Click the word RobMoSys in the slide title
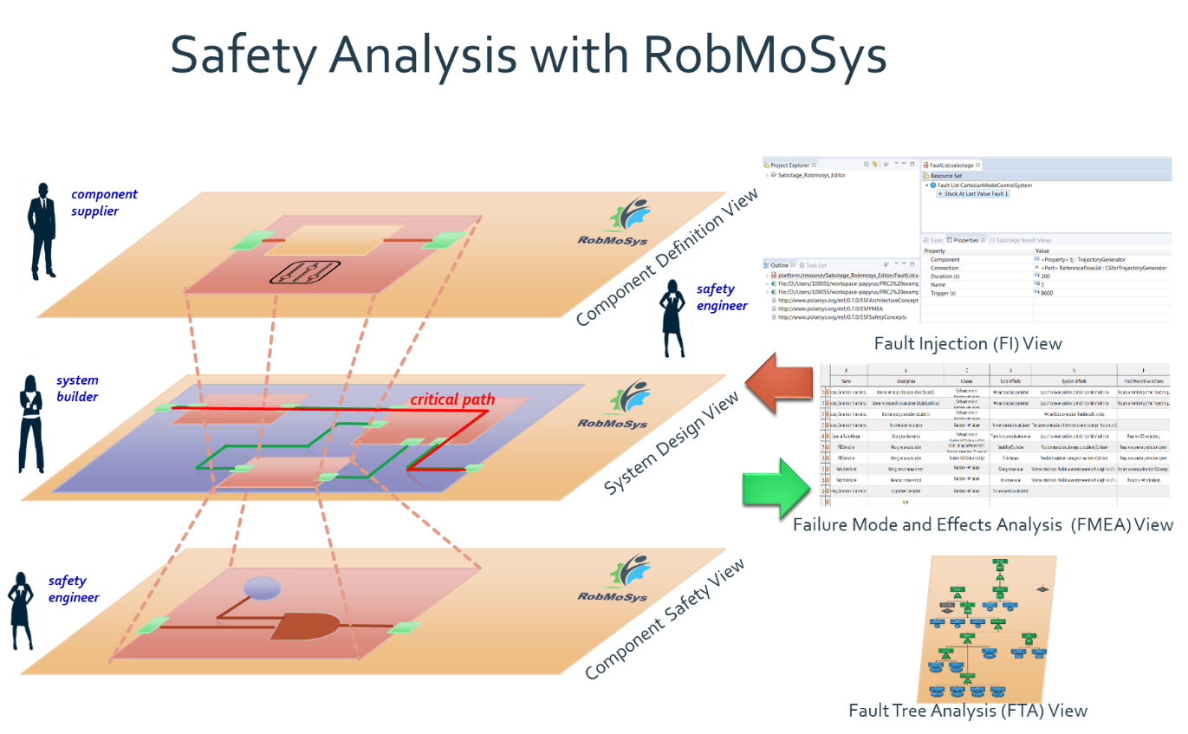[x=765, y=56]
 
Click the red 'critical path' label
[x=452, y=399]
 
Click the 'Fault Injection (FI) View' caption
[x=967, y=344]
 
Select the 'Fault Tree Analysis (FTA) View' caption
[x=967, y=711]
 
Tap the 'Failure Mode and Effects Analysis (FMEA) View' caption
[x=983, y=524]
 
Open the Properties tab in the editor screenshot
[x=964, y=240]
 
